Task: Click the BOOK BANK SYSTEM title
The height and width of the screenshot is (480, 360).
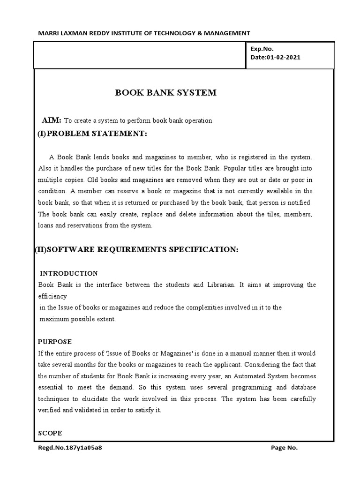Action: pyautogui.click(x=166, y=93)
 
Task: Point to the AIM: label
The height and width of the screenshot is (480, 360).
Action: pyautogui.click(x=51, y=120)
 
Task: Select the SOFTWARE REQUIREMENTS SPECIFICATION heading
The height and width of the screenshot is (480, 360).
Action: pyautogui.click(x=137, y=250)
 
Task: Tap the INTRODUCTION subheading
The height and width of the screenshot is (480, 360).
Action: pyautogui.click(x=69, y=273)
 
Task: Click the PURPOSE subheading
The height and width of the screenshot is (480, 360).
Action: pyautogui.click(x=55, y=342)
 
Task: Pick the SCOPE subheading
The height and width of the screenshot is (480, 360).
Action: pyautogui.click(x=50, y=433)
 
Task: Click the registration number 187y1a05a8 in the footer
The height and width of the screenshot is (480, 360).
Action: pyautogui.click(x=70, y=448)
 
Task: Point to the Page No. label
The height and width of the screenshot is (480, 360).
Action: pyautogui.click(x=285, y=448)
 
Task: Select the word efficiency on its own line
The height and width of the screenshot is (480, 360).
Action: pyautogui.click(x=52, y=296)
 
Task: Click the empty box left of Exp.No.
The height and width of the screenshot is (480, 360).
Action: pyautogui.click(x=140, y=54)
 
